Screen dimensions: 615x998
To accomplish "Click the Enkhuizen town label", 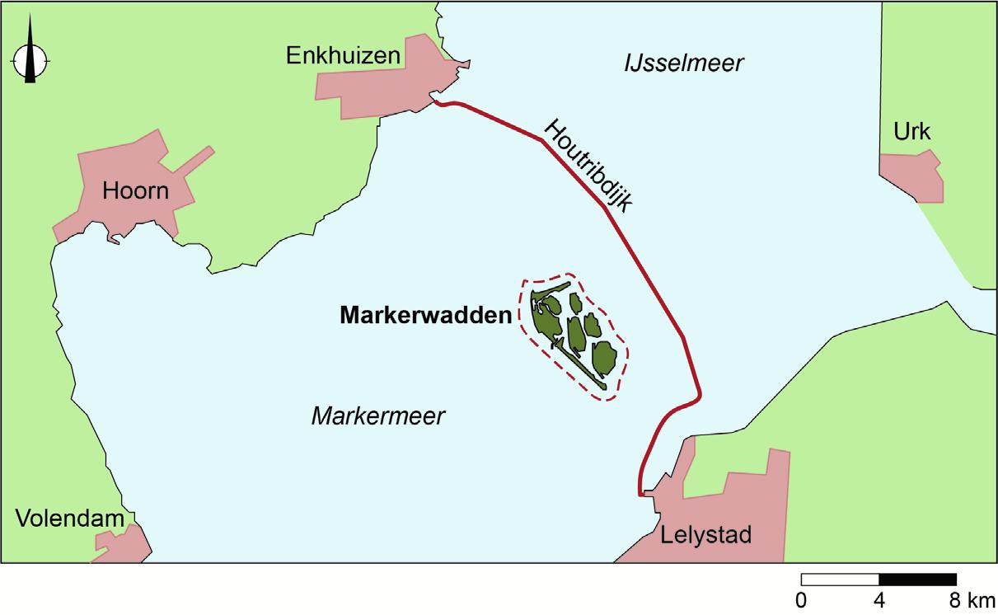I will pyautogui.click(x=343, y=56).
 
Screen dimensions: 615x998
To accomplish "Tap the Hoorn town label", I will pyautogui.click(x=135, y=191).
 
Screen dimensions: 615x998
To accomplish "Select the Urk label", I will pyautogui.click(x=911, y=133).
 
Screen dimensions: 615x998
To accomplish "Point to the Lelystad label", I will pyautogui.click(x=706, y=535).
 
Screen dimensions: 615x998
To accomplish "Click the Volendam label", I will pyautogui.click(x=70, y=519).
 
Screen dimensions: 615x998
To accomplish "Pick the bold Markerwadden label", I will pyautogui.click(x=425, y=316).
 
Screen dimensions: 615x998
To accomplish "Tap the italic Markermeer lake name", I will pyautogui.click(x=377, y=416).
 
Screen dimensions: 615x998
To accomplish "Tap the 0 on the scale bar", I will pyautogui.click(x=802, y=599).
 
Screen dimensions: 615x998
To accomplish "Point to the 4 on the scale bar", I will pyautogui.click(x=879, y=599).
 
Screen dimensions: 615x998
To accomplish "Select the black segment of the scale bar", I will pyautogui.click(x=917, y=579).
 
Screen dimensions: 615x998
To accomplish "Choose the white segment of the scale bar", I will pyautogui.click(x=840, y=579).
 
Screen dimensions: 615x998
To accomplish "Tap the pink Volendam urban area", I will pyautogui.click(x=124, y=544).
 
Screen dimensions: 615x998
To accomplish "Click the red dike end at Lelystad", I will pyautogui.click(x=641, y=495).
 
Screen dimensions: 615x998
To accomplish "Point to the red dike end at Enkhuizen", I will pyautogui.click(x=435, y=102).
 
